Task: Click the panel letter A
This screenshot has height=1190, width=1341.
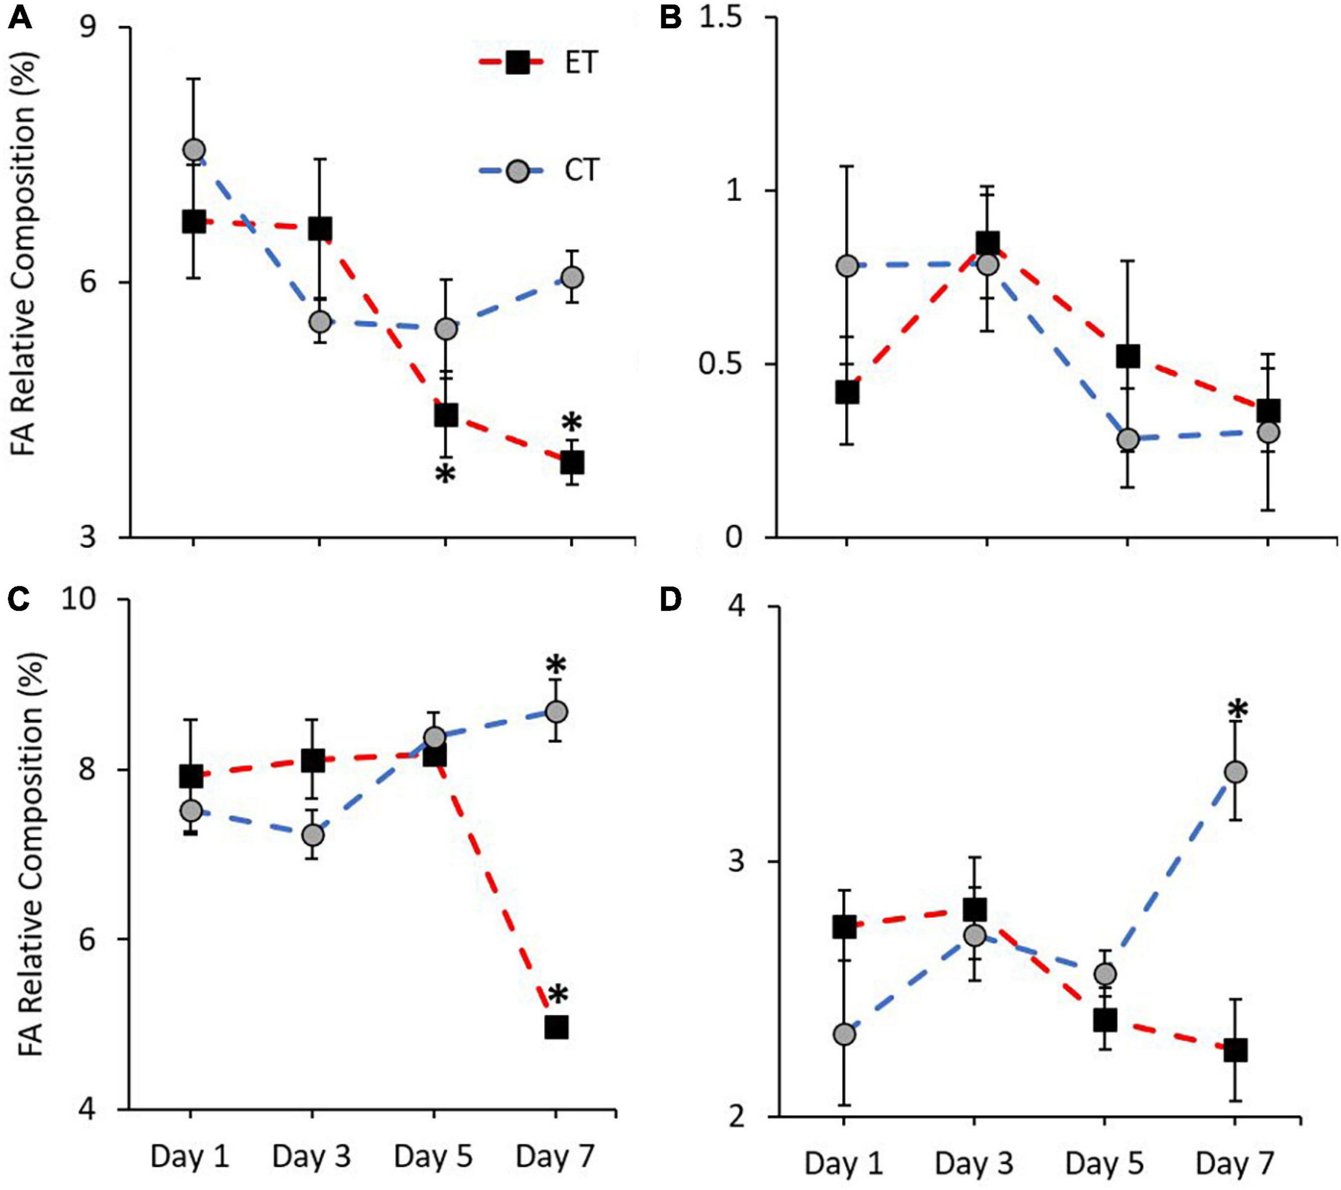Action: pos(20,18)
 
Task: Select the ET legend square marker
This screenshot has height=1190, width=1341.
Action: pos(518,63)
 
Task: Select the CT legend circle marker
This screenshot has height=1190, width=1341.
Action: pos(518,171)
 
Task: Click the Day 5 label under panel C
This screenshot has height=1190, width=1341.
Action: pos(433,1157)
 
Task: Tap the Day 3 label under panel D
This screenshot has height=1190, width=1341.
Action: pos(974,1163)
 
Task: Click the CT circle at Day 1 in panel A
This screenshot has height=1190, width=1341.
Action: pos(194,150)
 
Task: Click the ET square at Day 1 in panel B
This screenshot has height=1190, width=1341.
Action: pos(847,392)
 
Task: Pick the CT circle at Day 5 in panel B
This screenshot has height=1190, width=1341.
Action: pos(1128,439)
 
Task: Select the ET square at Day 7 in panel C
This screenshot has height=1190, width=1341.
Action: pos(556,1028)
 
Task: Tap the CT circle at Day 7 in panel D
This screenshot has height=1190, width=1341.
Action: pos(1236,772)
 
